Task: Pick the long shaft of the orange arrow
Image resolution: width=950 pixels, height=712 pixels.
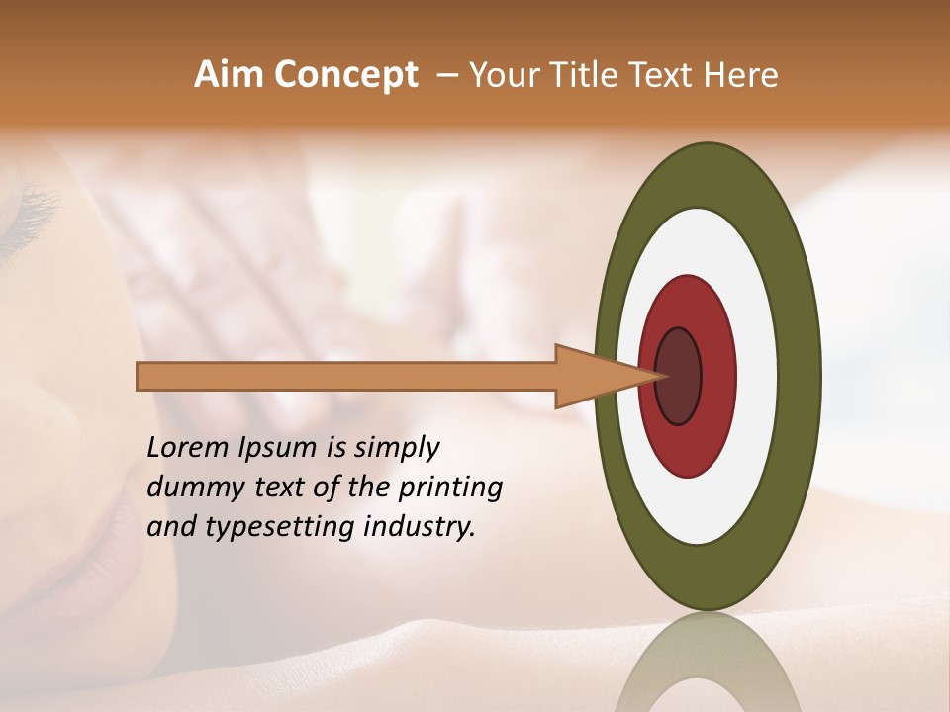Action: pos(346,377)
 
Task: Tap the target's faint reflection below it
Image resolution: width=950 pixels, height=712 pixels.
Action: pos(708,663)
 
